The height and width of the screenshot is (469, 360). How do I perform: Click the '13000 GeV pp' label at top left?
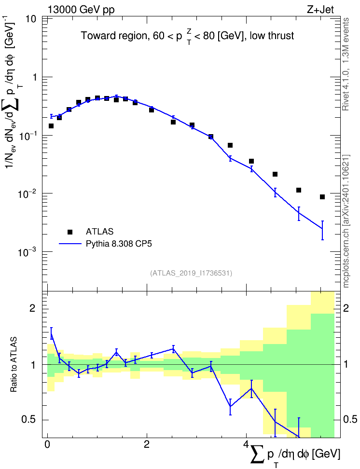coord(81,10)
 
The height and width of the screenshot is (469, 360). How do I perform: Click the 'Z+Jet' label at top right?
coord(320,10)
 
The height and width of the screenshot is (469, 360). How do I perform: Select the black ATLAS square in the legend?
coord(70,232)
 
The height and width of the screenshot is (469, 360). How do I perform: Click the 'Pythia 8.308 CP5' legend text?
coord(119,244)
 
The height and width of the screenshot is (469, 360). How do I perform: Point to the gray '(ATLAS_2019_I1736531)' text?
coord(191,273)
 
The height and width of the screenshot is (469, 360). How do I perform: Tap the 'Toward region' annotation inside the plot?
coord(114,36)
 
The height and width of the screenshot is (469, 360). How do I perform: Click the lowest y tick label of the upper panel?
coord(26,251)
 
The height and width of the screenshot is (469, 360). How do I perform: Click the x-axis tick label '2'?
coord(146,444)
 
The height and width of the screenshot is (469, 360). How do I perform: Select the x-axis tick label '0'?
coord(47,444)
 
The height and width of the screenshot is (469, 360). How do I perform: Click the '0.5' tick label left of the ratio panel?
coord(29,420)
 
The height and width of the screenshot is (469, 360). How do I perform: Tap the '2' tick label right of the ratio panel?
coord(346,308)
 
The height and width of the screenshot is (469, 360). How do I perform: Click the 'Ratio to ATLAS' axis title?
coord(14,364)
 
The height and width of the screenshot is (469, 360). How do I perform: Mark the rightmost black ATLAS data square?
coord(322,197)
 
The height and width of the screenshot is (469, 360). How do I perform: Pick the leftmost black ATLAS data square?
coord(51,126)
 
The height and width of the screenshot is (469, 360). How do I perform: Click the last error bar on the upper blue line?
coord(322,230)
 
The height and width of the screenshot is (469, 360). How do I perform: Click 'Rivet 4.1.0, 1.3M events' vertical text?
coord(346,64)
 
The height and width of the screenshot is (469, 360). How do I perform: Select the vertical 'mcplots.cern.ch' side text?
coord(346,254)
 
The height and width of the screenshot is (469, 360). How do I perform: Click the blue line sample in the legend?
coord(70,244)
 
